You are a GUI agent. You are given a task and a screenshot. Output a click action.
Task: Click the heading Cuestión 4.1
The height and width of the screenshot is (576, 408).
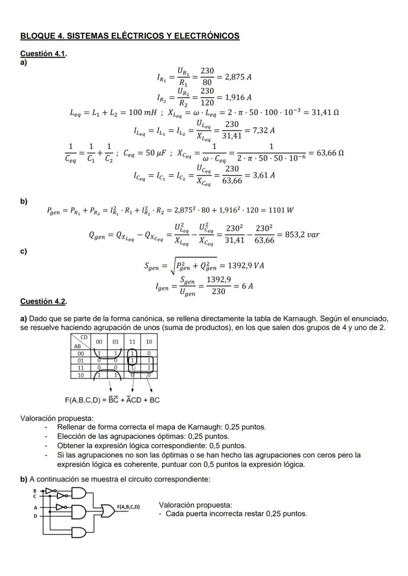click(43, 54)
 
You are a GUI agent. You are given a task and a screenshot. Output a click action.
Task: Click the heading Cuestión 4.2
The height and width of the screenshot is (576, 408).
click(43, 301)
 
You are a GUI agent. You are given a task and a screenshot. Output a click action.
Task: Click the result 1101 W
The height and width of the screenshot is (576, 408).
click(282, 210)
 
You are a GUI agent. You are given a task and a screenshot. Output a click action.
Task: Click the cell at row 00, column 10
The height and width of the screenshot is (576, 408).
click(148, 353)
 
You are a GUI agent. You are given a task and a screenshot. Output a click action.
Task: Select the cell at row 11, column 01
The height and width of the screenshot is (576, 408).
click(116, 367)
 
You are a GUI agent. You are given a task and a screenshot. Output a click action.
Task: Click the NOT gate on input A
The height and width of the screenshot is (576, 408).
click(61, 506)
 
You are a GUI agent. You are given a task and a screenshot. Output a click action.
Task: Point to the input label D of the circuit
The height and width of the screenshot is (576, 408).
click(35, 516)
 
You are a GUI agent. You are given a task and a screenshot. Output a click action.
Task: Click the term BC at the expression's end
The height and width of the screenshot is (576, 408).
click(154, 400)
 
